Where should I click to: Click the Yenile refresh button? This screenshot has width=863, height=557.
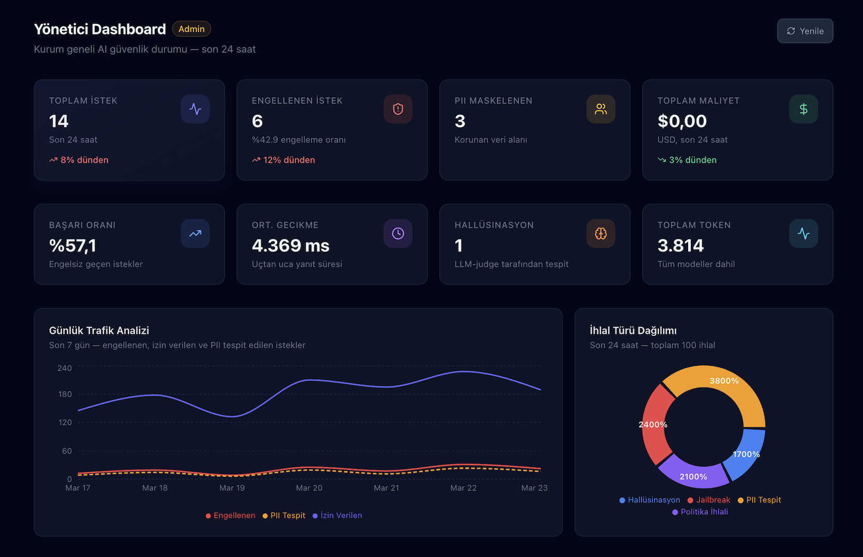(805, 31)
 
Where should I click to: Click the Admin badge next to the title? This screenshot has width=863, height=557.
(191, 29)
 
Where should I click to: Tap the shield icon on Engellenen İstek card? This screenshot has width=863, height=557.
(397, 109)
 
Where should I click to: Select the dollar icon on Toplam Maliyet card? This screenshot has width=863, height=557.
(803, 109)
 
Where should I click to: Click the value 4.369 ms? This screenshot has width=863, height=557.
(290, 245)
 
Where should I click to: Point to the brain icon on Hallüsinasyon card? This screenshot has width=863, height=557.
(600, 234)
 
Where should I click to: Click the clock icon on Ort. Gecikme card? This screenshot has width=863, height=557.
(397, 234)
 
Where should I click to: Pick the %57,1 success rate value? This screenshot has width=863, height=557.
(72, 245)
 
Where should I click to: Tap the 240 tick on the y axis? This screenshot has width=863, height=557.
(65, 368)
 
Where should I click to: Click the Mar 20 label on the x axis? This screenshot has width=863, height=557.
(309, 488)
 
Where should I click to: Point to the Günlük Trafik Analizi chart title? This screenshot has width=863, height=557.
(99, 330)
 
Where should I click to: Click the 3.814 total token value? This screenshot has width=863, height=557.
(680, 245)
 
